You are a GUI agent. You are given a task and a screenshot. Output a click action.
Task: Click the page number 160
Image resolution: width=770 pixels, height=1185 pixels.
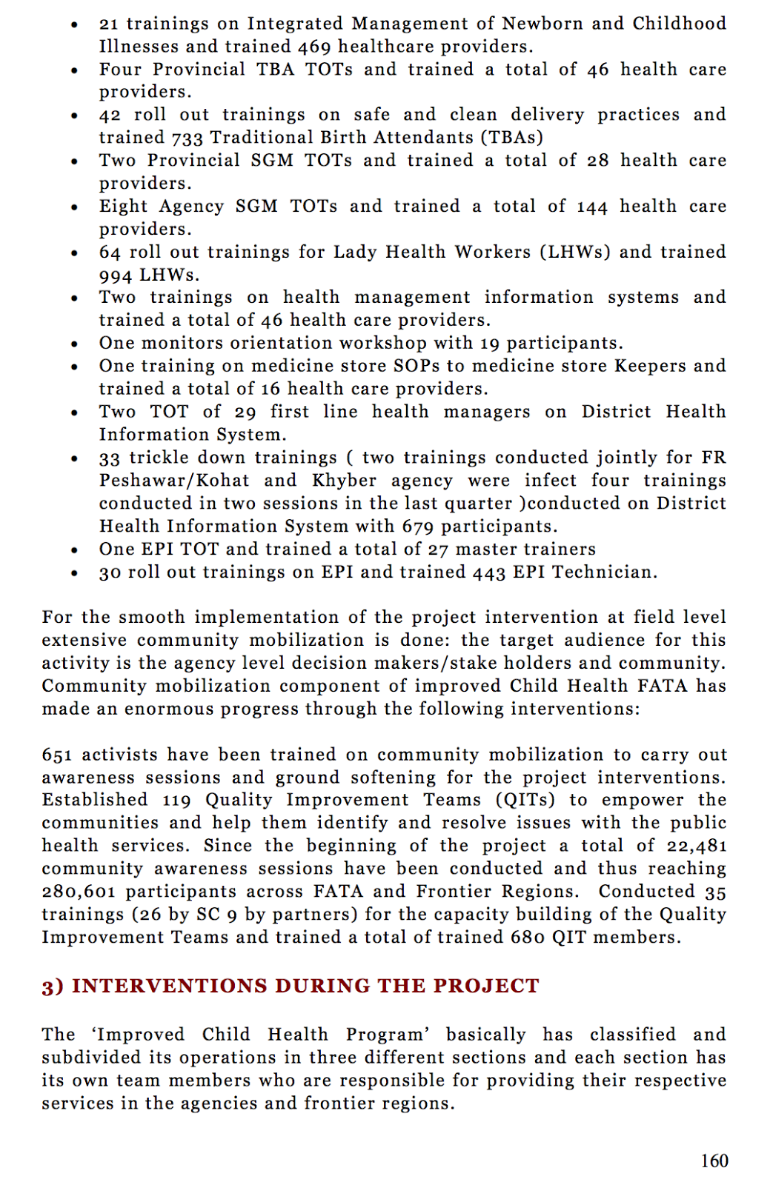[714, 1161]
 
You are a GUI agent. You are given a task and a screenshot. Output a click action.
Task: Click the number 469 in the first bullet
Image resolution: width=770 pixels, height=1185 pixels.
[314, 47]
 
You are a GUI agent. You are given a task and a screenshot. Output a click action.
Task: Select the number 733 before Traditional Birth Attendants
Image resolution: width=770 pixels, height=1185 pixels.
[187, 138]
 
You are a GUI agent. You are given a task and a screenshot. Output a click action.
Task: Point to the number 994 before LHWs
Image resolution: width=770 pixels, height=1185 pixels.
[116, 276]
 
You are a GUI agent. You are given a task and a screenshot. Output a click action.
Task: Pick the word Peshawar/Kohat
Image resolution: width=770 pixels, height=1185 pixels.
[174, 481]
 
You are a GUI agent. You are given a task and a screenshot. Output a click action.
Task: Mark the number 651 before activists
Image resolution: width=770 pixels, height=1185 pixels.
[57, 755]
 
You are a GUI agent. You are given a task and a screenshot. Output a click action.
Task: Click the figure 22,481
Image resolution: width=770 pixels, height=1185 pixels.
[697, 846]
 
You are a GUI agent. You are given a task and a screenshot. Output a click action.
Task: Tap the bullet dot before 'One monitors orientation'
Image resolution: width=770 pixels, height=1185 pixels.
[75, 344]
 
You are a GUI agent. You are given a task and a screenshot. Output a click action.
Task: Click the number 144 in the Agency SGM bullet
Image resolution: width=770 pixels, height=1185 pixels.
[592, 207]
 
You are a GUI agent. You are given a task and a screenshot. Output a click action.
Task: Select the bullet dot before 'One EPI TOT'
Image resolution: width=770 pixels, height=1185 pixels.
[75, 550]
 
